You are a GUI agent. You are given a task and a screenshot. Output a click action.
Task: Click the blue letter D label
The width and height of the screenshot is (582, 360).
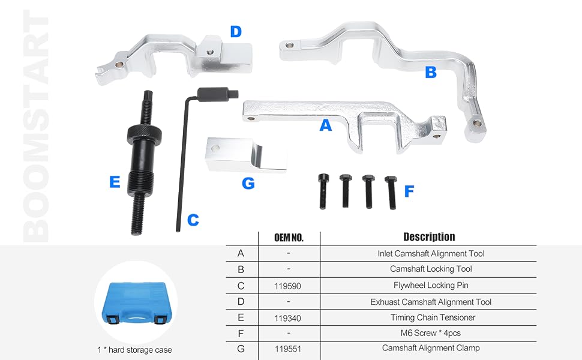tap(236, 32)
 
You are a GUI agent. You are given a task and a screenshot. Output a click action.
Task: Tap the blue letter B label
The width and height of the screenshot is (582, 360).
tap(431, 72)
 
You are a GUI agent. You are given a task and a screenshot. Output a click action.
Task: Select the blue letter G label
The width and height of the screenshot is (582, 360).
tap(248, 184)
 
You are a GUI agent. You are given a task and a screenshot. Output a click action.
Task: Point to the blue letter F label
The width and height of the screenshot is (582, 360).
tap(409, 191)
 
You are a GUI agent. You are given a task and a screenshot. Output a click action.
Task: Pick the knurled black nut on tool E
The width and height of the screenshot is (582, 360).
tap(144, 134)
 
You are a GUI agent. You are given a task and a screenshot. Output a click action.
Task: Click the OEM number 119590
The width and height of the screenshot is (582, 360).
tap(287, 286)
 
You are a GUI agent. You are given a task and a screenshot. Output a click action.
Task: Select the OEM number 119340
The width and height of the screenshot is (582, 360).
tap(287, 318)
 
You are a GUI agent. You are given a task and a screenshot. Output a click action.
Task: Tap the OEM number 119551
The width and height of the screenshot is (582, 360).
tap(287, 349)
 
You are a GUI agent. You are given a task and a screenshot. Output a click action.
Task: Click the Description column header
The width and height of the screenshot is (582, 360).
tap(429, 237)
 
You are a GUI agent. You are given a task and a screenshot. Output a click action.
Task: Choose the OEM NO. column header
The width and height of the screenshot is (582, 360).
tap(289, 238)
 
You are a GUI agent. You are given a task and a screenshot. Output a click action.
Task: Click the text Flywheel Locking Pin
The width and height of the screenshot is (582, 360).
tap(431, 286)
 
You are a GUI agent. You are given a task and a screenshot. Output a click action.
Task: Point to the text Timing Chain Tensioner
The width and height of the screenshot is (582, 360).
tap(433, 317)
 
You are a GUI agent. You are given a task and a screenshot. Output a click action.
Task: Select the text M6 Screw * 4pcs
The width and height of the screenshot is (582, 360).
tap(431, 333)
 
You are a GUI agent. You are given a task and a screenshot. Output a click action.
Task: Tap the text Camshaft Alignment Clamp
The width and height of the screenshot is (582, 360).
tap(431, 348)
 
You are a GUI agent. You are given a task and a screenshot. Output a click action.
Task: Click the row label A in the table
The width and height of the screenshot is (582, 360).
tap(241, 253)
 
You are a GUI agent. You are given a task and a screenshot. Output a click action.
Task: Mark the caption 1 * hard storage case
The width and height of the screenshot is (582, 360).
tap(135, 350)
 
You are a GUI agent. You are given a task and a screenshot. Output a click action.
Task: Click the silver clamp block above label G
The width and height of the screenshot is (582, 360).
tap(245, 155)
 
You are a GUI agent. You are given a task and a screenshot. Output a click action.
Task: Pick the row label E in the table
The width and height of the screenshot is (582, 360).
tap(241, 317)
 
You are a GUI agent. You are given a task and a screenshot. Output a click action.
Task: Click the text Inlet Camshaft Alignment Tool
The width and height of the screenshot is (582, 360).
tap(431, 253)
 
